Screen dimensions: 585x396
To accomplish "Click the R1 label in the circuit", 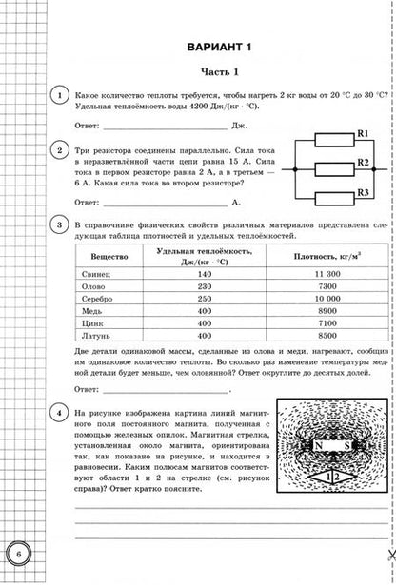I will tap(362, 135).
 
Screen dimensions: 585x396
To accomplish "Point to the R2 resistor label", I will tap(362, 164).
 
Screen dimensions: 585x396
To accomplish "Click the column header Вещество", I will tap(103, 256).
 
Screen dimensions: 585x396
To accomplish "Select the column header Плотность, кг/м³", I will tap(314, 256).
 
